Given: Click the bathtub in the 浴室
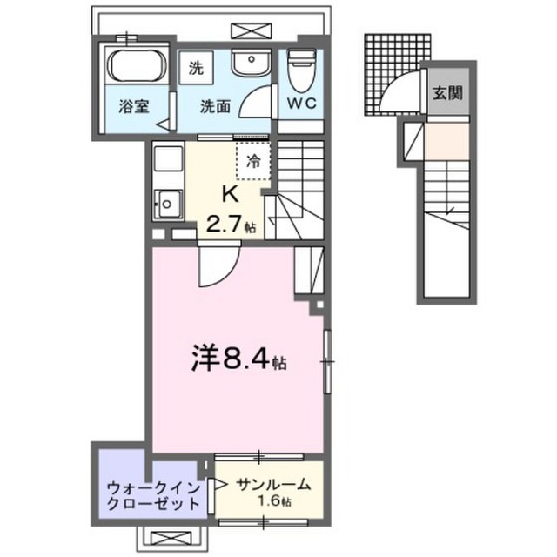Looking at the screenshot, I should coord(136,66).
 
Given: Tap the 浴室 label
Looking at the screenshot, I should coord(136,108).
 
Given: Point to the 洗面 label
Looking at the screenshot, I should coord(216,108).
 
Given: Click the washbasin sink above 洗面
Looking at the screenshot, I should coord(251,64).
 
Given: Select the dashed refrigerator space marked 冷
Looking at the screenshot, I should coord(254,159).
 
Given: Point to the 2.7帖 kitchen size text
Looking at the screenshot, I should coord(230,225).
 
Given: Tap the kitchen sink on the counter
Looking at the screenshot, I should coord(165,205).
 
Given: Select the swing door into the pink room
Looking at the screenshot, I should coord(212,266).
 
